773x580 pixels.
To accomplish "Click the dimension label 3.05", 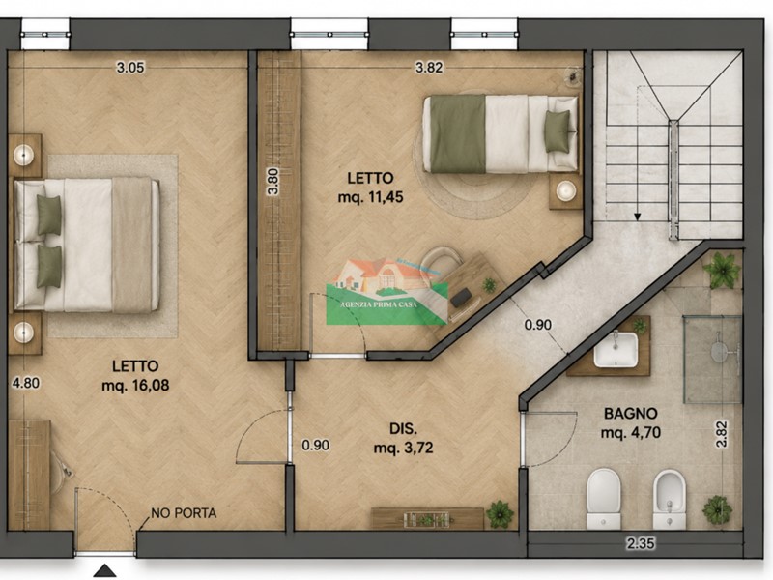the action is coord(130,67).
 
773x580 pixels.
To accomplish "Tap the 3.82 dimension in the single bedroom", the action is coord(429,67).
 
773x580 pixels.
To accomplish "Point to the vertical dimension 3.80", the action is coord(272,182).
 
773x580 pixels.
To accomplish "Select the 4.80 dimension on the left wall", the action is coord(26,383).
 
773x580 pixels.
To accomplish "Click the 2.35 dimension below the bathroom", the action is coord(641,543).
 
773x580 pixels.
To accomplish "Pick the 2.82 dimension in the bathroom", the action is coord(721,433).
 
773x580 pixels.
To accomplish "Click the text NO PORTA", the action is coord(184,513).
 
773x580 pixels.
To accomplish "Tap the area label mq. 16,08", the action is coord(135,385).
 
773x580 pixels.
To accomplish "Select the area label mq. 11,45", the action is coord(370,197).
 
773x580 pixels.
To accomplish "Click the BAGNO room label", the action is coord(631,414).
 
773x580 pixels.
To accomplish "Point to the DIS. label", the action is coord(403,428).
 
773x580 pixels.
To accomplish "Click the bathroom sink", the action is coord(616,350).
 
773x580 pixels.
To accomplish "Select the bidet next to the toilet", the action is coord(670,499).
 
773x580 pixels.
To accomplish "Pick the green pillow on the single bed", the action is coord(558,131).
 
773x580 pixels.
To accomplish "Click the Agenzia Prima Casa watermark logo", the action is coord(387,292).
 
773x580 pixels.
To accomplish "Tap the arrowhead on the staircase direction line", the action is coord(638,217).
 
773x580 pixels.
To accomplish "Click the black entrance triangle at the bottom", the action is coord(105,571).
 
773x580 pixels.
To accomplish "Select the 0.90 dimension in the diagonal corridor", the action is coord(537,325).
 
